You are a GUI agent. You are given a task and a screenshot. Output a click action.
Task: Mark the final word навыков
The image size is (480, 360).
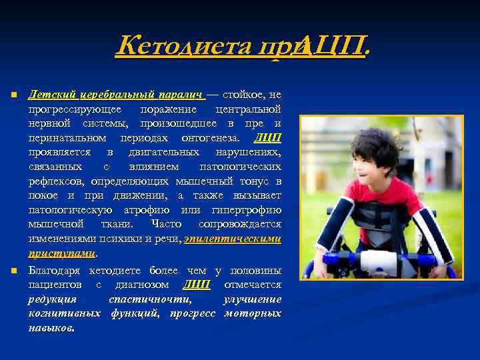coord(51,328)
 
